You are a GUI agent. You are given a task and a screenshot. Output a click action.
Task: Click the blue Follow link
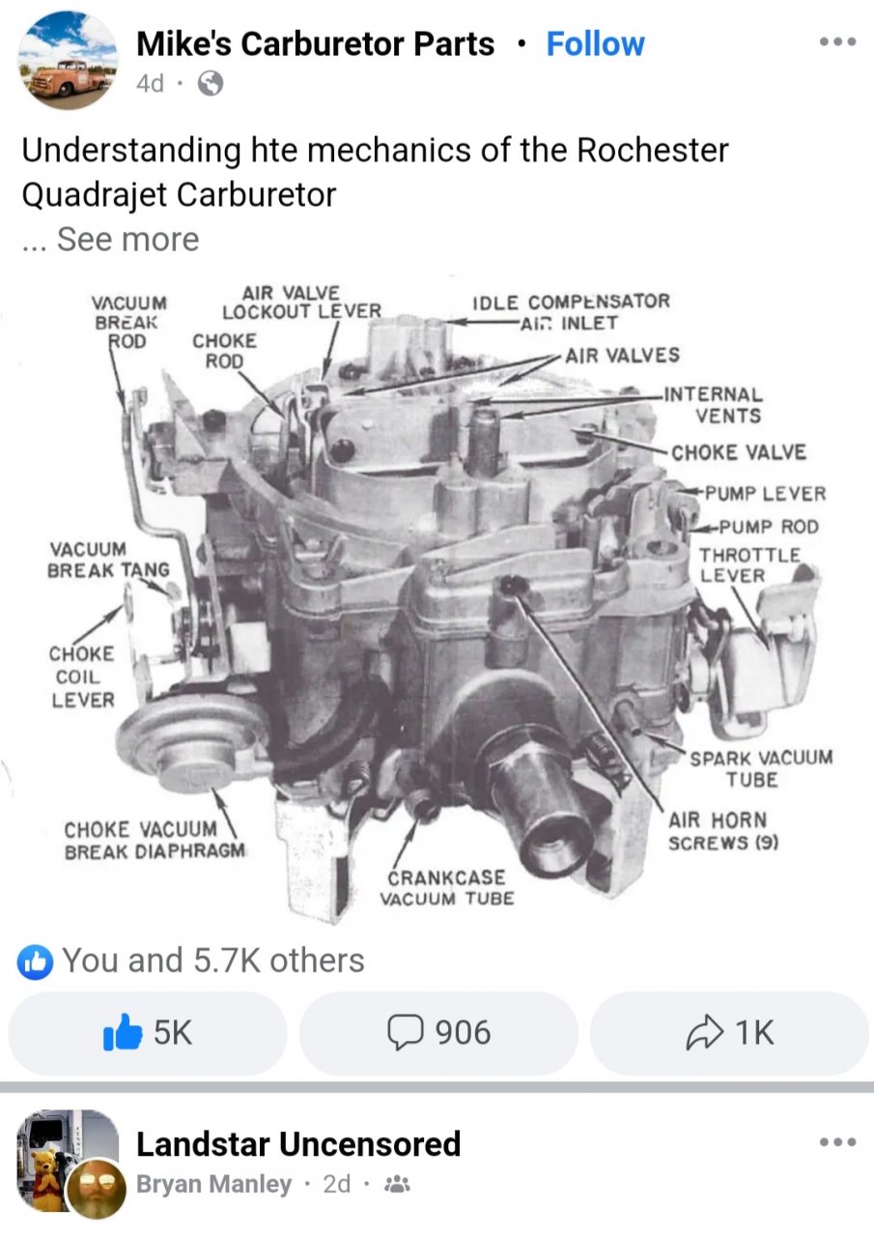point(595,44)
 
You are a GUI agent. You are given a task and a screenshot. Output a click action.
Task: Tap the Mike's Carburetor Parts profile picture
point(68,60)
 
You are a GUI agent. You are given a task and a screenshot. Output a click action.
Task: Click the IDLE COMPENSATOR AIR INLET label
point(571,312)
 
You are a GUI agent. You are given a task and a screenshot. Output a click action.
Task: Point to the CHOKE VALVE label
point(739,452)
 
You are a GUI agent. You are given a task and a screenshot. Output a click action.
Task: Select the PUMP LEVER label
point(765,493)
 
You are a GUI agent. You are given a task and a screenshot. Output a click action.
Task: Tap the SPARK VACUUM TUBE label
point(761,768)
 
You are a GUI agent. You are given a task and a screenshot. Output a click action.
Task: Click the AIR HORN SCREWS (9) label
point(723,831)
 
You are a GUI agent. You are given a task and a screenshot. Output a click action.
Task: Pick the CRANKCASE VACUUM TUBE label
point(447,888)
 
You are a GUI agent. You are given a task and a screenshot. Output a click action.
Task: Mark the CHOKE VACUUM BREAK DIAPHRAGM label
point(155,840)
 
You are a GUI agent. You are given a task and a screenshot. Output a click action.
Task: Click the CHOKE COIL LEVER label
point(82,676)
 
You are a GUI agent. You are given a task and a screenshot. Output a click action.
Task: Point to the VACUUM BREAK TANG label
point(109,560)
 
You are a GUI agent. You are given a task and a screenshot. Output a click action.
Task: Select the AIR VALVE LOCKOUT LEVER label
point(302,302)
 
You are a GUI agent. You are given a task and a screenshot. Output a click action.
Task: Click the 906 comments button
point(438,1033)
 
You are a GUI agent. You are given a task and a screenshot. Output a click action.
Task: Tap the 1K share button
point(729,1033)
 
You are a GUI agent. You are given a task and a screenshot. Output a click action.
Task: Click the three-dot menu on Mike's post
point(837,42)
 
